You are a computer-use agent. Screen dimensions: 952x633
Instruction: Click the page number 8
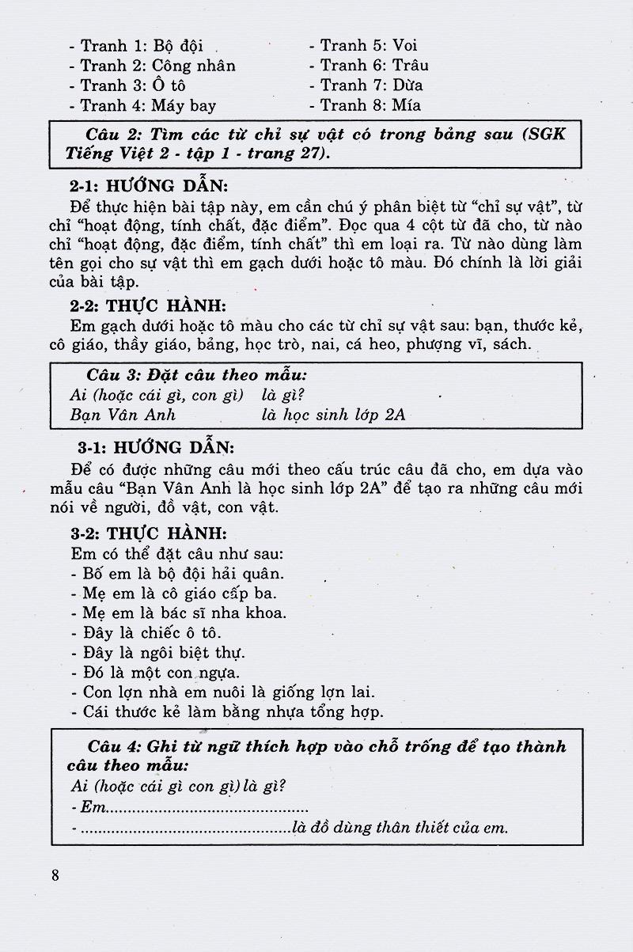55,875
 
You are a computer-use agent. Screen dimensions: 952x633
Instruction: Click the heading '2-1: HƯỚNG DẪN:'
148,188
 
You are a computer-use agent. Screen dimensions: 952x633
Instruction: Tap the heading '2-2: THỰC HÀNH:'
146,305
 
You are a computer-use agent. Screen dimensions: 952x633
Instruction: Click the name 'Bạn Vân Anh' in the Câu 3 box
122,415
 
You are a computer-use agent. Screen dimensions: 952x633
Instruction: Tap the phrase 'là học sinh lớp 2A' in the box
333,415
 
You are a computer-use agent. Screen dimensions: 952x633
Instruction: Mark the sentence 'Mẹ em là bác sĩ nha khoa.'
179,613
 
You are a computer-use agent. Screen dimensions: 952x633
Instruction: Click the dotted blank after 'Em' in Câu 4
207,809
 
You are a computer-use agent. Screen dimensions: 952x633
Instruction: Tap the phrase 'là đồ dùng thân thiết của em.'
400,829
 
